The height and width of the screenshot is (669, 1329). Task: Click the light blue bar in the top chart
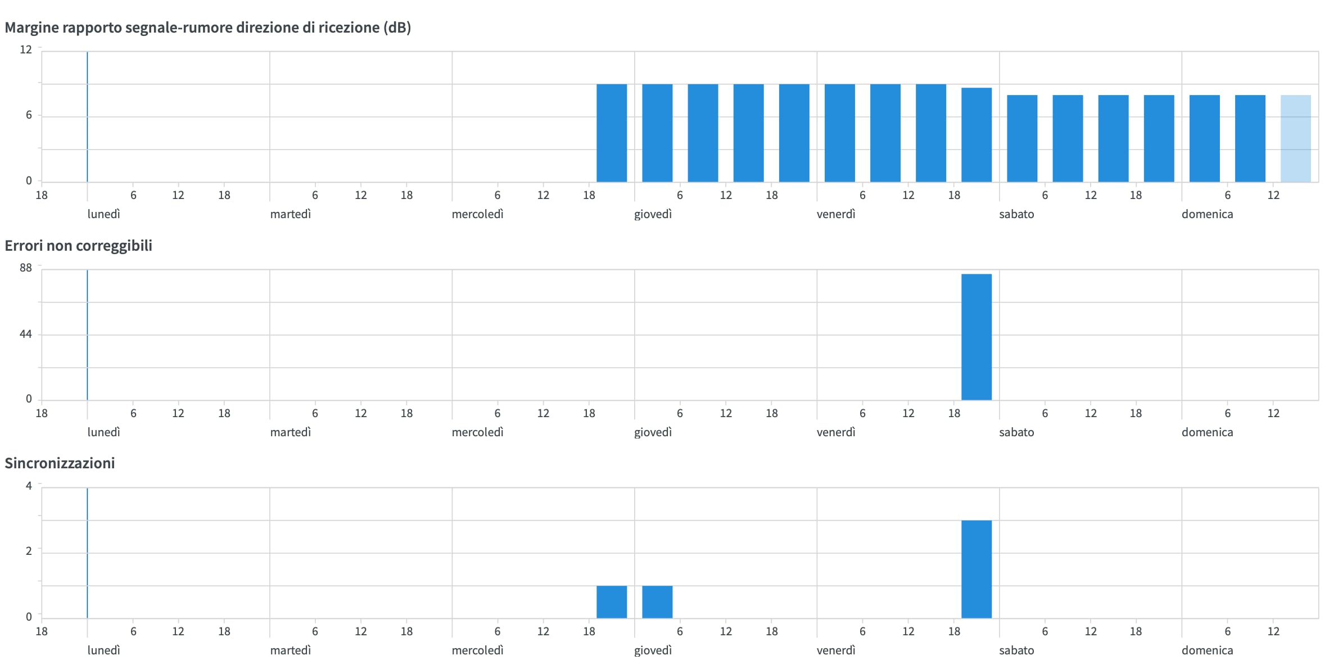[1295, 138]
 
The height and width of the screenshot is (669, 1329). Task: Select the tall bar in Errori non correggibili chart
[976, 337]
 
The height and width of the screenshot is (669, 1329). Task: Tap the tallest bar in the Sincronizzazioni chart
[976, 569]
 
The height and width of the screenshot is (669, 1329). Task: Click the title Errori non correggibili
[78, 246]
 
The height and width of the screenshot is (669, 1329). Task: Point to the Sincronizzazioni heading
[60, 463]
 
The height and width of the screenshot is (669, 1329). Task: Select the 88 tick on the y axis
[26, 268]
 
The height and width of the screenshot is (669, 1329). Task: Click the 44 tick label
[26, 334]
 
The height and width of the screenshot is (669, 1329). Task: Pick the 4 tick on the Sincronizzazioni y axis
[29, 486]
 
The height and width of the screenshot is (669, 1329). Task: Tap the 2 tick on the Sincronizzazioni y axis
[29, 551]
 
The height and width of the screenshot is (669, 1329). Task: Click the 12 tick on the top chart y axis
[26, 49]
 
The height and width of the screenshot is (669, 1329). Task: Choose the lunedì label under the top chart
[104, 214]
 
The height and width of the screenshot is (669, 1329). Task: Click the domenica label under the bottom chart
[1207, 650]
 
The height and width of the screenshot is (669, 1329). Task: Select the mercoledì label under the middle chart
[477, 432]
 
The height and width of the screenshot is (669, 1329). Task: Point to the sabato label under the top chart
[1016, 214]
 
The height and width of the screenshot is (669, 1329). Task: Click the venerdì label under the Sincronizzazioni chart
[836, 650]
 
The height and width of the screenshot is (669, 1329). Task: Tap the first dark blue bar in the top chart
[611, 133]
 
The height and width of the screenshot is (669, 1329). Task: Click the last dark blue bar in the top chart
[1250, 138]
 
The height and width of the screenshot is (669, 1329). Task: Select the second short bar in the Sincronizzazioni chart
[657, 602]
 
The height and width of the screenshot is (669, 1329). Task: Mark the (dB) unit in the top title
[397, 28]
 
